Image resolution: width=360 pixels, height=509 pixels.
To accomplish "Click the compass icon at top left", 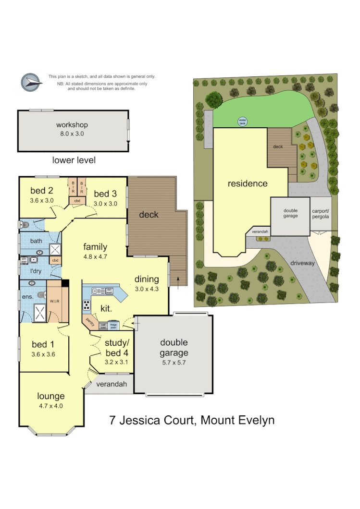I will point(30,82).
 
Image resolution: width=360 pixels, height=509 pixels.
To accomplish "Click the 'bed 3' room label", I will point(105,194).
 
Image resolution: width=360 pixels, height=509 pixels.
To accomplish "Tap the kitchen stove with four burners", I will point(87,304).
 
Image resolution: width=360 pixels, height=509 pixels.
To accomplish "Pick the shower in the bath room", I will point(56,249).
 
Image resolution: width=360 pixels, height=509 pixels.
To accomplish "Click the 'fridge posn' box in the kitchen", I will point(113,326).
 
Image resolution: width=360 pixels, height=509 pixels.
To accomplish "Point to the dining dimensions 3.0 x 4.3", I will point(146,289).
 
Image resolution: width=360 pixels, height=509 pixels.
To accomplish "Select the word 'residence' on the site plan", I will point(248,183).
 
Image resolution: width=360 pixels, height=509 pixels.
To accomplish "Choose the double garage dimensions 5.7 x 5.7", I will point(174,363).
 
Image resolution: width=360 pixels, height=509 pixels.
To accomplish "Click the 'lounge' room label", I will point(51,396).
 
